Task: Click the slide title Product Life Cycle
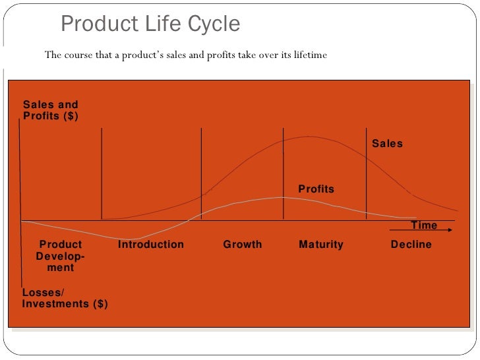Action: coord(150,24)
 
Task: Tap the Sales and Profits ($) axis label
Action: coord(51,110)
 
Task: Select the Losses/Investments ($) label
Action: coord(65,298)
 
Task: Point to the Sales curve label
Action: coord(387,144)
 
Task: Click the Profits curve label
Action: coord(316,189)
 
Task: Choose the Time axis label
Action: coord(424,225)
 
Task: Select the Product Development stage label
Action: coord(61,256)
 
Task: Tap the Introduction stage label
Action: coord(151,245)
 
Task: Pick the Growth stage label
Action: coord(243,245)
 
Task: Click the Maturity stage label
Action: coord(321,245)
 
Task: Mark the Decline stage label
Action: coord(411,245)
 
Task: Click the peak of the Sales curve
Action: coord(308,136)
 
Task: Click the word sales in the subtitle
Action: coord(175,55)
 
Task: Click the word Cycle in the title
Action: coord(213,24)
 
